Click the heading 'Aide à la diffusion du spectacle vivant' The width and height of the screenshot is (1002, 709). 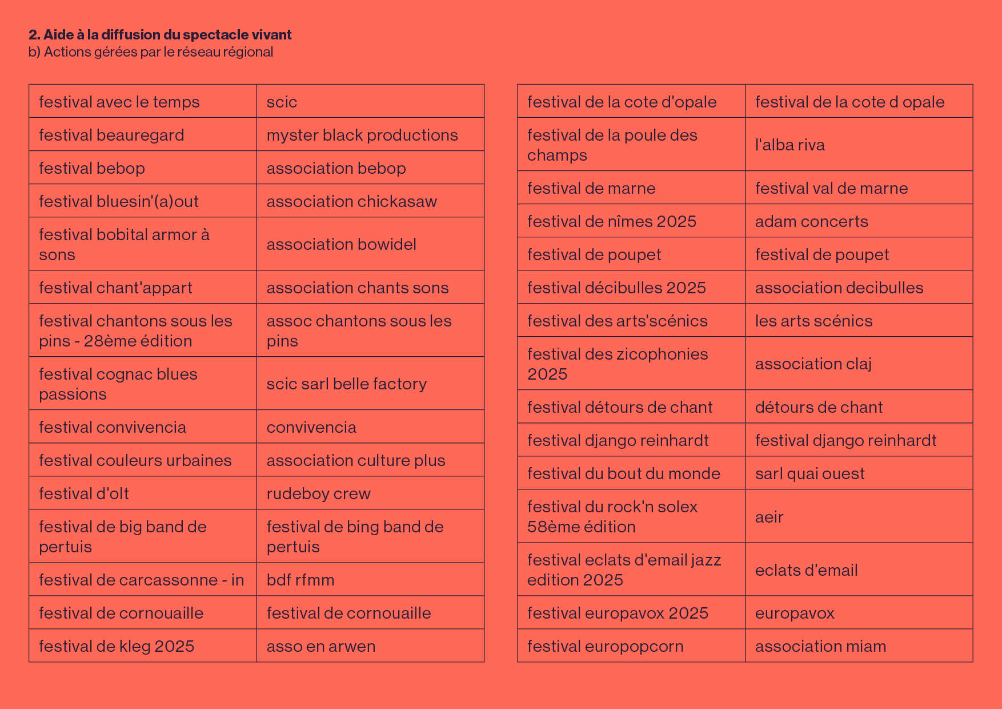pyautogui.click(x=167, y=35)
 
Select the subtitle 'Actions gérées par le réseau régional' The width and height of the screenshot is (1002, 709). pyautogui.click(x=158, y=52)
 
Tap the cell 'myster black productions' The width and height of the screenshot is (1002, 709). pyautogui.click(x=370, y=134)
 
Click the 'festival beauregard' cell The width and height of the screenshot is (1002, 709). pyautogui.click(x=143, y=134)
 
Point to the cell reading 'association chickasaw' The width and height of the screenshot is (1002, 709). pyautogui.click(x=370, y=201)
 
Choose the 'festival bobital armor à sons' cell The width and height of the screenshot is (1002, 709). pyautogui.click(x=143, y=244)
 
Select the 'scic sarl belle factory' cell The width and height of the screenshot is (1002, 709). pyautogui.click(x=370, y=383)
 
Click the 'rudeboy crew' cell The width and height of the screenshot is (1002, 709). pyautogui.click(x=370, y=493)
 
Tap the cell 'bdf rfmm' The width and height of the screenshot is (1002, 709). pyautogui.click(x=370, y=579)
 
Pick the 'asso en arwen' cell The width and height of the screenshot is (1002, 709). pyautogui.click(x=370, y=646)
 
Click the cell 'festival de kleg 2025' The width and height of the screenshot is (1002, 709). pyautogui.click(x=143, y=646)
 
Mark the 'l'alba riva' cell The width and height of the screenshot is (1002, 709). pyautogui.click(x=859, y=144)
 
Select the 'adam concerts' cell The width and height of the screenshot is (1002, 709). pyautogui.click(x=859, y=221)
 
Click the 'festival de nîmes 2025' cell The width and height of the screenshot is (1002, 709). pyautogui.click(x=631, y=221)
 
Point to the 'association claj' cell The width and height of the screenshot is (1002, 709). pyautogui.click(x=859, y=363)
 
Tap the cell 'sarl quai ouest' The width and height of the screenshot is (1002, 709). pyautogui.click(x=859, y=473)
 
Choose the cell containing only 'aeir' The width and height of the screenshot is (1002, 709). pyautogui.click(x=859, y=516)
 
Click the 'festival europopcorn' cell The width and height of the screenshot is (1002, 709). pyautogui.click(x=631, y=646)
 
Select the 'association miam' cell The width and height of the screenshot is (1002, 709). pyautogui.click(x=859, y=646)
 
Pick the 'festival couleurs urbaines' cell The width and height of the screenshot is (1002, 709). pyautogui.click(x=143, y=460)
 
